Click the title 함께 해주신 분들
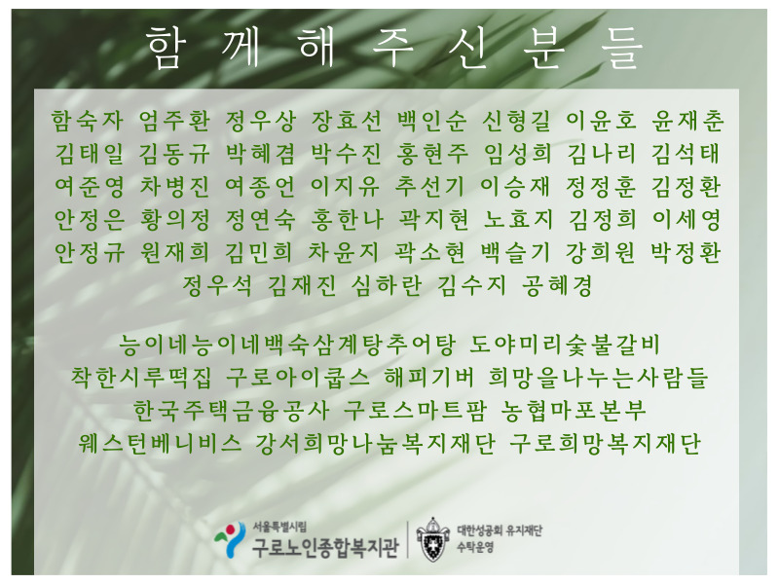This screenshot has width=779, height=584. [x=394, y=47]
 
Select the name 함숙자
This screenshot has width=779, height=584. [x=88, y=121]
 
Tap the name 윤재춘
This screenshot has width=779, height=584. [x=687, y=121]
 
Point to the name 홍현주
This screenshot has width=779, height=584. [x=432, y=154]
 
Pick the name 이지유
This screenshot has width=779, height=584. [x=346, y=186]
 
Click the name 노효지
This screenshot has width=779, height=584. [x=518, y=219]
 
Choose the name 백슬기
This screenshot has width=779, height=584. [x=516, y=252]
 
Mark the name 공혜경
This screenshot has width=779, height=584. [x=557, y=285]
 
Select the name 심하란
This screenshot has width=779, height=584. [x=387, y=285]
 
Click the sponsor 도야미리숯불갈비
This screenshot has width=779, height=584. [x=565, y=345]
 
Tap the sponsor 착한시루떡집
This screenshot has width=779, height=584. [x=141, y=378]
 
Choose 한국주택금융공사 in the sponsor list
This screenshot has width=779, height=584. [x=232, y=410]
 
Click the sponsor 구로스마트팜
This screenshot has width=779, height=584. [x=416, y=410]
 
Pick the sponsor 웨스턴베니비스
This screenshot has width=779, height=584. [x=160, y=443]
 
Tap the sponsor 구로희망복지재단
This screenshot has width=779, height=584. [x=606, y=443]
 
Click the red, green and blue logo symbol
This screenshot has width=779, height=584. [x=230, y=540]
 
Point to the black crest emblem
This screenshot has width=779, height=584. [x=431, y=539]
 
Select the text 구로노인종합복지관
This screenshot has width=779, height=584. [x=325, y=547]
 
